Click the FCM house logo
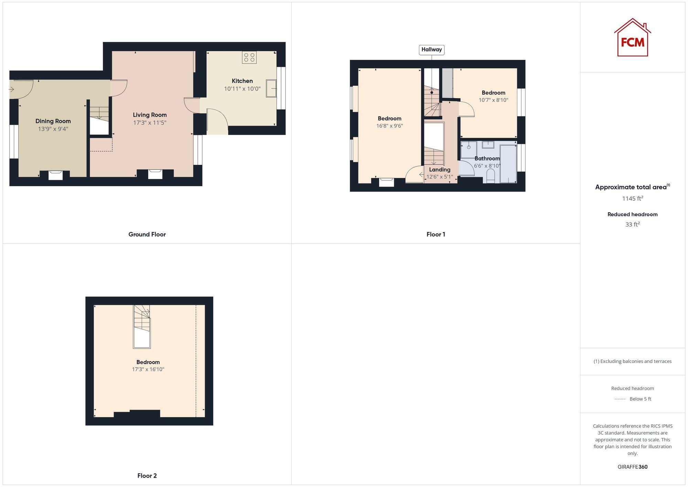click(x=632, y=38)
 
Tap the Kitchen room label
click(x=242, y=81)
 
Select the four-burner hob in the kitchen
click(x=249, y=57)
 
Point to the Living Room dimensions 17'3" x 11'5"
click(x=150, y=123)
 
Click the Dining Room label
click(x=53, y=121)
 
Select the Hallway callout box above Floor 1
click(x=431, y=50)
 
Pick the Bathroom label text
click(x=487, y=158)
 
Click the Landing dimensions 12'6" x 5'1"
click(x=440, y=177)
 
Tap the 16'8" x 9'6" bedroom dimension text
click(x=389, y=126)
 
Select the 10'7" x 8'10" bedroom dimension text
click(x=493, y=100)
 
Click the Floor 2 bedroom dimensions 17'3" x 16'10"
click(x=148, y=369)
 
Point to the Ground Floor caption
click(x=147, y=234)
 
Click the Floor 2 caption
click(x=147, y=476)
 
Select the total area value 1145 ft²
click(x=632, y=199)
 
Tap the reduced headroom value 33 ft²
click(x=632, y=224)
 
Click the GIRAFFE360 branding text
click(x=632, y=467)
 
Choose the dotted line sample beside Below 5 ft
click(x=620, y=399)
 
